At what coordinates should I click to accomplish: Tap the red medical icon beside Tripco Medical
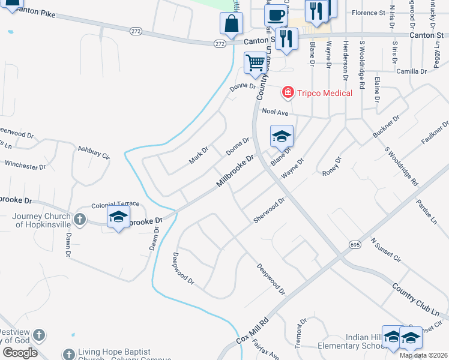point(289,92)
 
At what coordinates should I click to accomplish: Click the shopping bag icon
point(231,24)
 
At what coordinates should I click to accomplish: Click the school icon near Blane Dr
point(282,136)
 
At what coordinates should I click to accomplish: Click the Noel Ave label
point(275,112)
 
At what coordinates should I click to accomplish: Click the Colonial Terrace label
point(115,204)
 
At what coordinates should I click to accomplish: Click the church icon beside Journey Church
point(80,220)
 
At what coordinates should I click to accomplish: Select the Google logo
point(20,352)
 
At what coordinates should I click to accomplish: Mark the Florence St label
point(368,13)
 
